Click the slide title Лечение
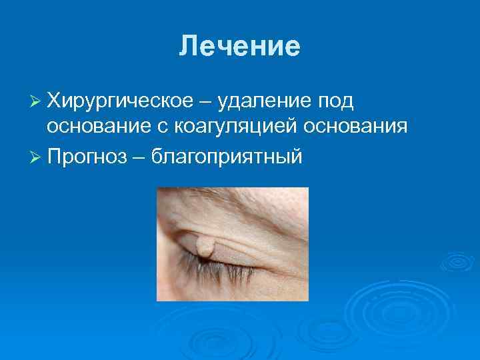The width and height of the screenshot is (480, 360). [x=240, y=46]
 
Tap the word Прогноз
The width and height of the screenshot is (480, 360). [x=85, y=157]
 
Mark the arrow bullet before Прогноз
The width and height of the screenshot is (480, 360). [x=37, y=157]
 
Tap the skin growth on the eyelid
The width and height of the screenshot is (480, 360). [x=206, y=247]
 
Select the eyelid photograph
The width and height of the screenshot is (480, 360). [x=233, y=244]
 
